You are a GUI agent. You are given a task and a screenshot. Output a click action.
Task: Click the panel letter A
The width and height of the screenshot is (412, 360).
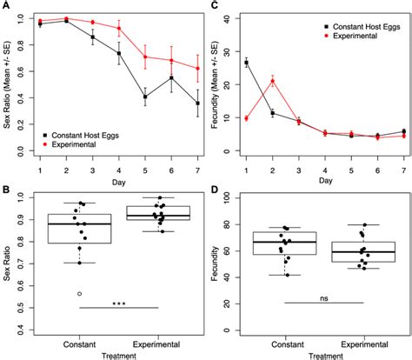6,7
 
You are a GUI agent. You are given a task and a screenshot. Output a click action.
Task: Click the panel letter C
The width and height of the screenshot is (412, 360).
214,7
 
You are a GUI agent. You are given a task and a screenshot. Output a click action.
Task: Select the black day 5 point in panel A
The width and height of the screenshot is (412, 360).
145,97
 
